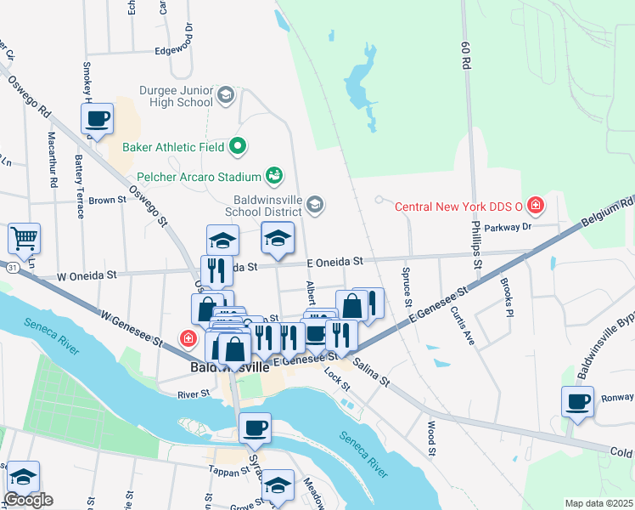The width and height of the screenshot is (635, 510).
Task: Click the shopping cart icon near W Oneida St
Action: [25, 239]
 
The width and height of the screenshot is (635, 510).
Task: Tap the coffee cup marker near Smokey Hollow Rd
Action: [97, 118]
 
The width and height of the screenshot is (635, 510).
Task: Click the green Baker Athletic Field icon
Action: [239, 146]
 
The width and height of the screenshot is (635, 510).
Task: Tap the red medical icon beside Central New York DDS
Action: [535, 205]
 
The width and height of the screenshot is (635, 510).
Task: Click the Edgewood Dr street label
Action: [175, 49]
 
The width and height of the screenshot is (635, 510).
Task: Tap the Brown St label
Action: [107, 201]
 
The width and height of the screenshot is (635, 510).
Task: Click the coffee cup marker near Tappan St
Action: [255, 428]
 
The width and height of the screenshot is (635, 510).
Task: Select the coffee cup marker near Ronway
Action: [577, 400]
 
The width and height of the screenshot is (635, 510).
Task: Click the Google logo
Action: [28, 500]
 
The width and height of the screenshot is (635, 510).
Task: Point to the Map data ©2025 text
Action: [598, 503]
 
